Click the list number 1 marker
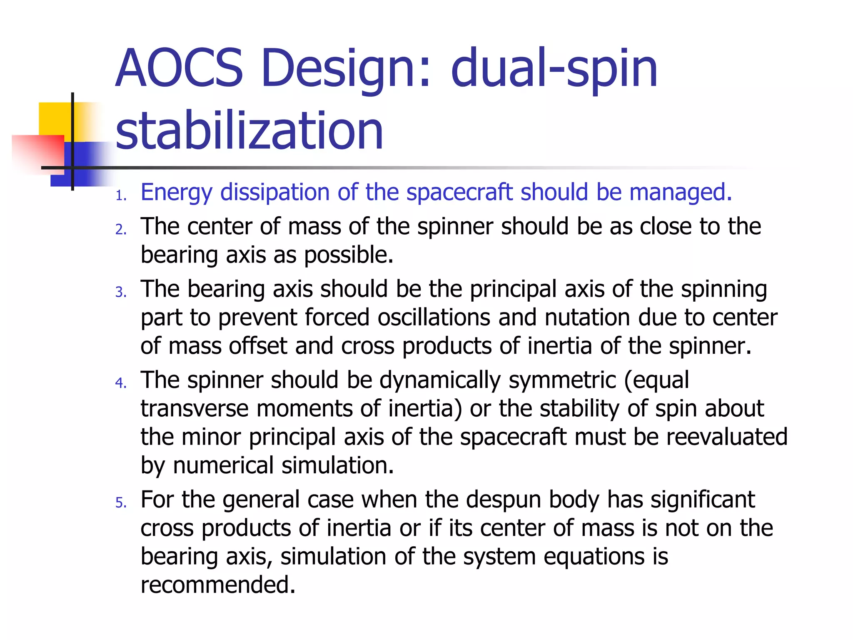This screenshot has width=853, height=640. click(121, 195)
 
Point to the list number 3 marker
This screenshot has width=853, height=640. click(121, 292)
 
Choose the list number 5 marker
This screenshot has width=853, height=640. click(121, 502)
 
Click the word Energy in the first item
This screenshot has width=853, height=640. click(177, 192)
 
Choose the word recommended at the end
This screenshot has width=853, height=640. click(218, 585)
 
